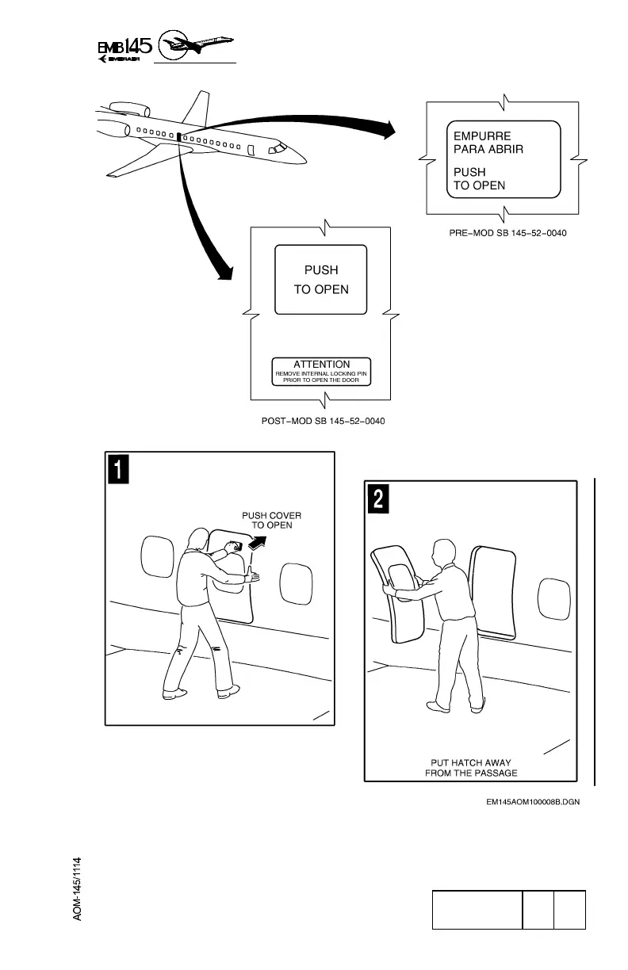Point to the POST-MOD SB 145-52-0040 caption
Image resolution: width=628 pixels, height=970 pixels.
point(324,419)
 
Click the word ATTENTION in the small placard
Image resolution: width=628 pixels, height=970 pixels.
point(321,365)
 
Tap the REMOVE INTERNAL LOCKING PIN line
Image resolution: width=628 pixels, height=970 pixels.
point(321,372)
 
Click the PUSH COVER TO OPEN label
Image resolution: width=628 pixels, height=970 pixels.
point(271,520)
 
